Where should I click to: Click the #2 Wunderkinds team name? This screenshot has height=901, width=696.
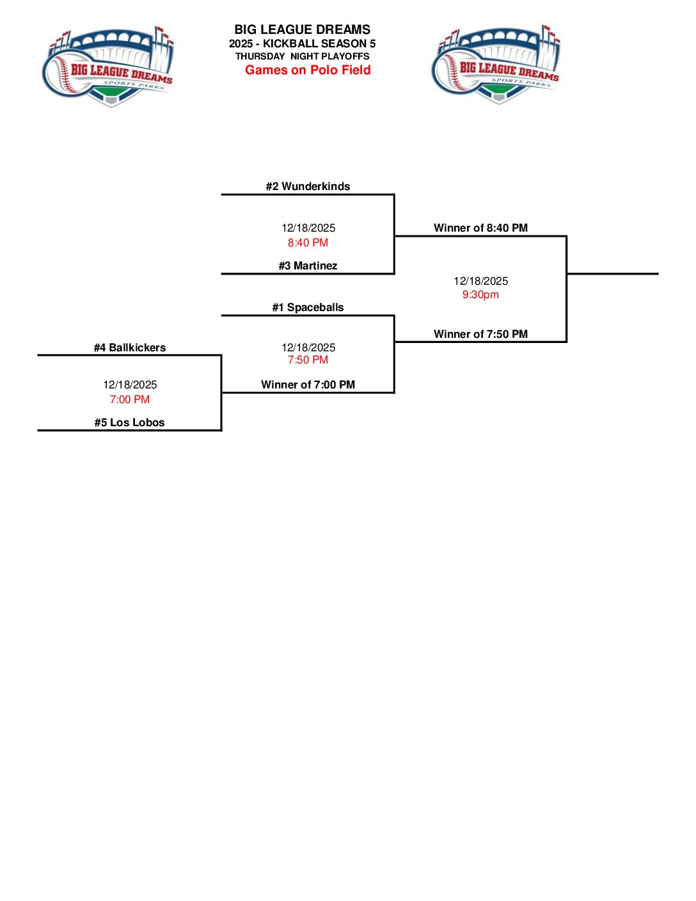(x=308, y=186)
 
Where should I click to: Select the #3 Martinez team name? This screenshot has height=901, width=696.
(x=308, y=266)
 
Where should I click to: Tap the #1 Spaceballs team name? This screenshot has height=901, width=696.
(x=308, y=307)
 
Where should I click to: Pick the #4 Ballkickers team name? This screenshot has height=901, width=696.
(x=130, y=347)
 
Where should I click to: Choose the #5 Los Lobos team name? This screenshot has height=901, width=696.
(x=130, y=422)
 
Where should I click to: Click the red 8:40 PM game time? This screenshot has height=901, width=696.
(x=308, y=243)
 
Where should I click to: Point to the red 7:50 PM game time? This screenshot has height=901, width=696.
(x=308, y=360)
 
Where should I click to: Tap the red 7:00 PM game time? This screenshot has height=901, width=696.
(x=130, y=399)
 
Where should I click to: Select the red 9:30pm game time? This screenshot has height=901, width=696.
(x=480, y=294)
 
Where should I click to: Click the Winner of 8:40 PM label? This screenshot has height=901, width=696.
(x=480, y=228)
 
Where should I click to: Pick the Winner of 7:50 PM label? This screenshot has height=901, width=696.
(x=480, y=334)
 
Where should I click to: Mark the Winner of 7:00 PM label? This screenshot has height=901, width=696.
(x=308, y=385)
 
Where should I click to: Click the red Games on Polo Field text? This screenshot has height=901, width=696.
(x=308, y=70)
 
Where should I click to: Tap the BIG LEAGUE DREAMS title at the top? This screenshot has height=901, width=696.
(x=302, y=29)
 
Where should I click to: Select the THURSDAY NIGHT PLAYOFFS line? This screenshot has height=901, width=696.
(x=302, y=56)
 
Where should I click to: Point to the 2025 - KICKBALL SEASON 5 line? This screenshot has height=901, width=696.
(x=302, y=44)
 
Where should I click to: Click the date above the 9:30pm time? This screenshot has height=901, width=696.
(x=480, y=281)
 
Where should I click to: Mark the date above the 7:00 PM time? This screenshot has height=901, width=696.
(x=130, y=385)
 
